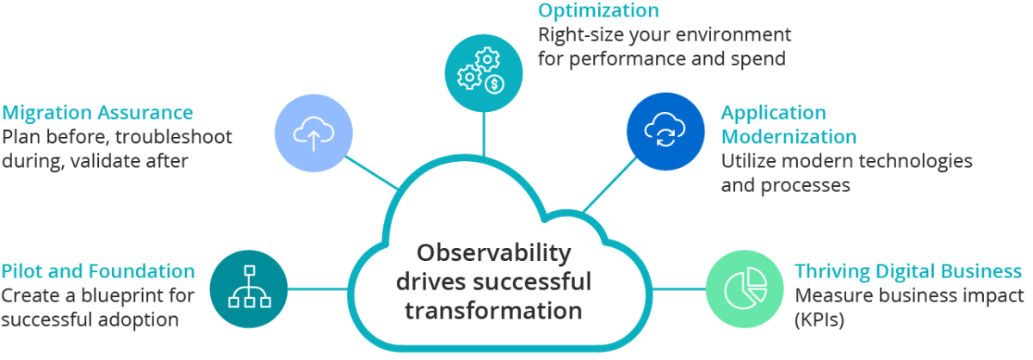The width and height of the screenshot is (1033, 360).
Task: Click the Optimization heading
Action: click(x=599, y=11)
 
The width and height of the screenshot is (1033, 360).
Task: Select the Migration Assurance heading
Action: click(x=97, y=113)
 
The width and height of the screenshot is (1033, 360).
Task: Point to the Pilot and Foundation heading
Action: click(x=98, y=271)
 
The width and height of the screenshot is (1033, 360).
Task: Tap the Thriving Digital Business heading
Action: click(x=908, y=272)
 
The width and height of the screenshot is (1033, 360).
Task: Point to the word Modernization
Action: click(x=789, y=137)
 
